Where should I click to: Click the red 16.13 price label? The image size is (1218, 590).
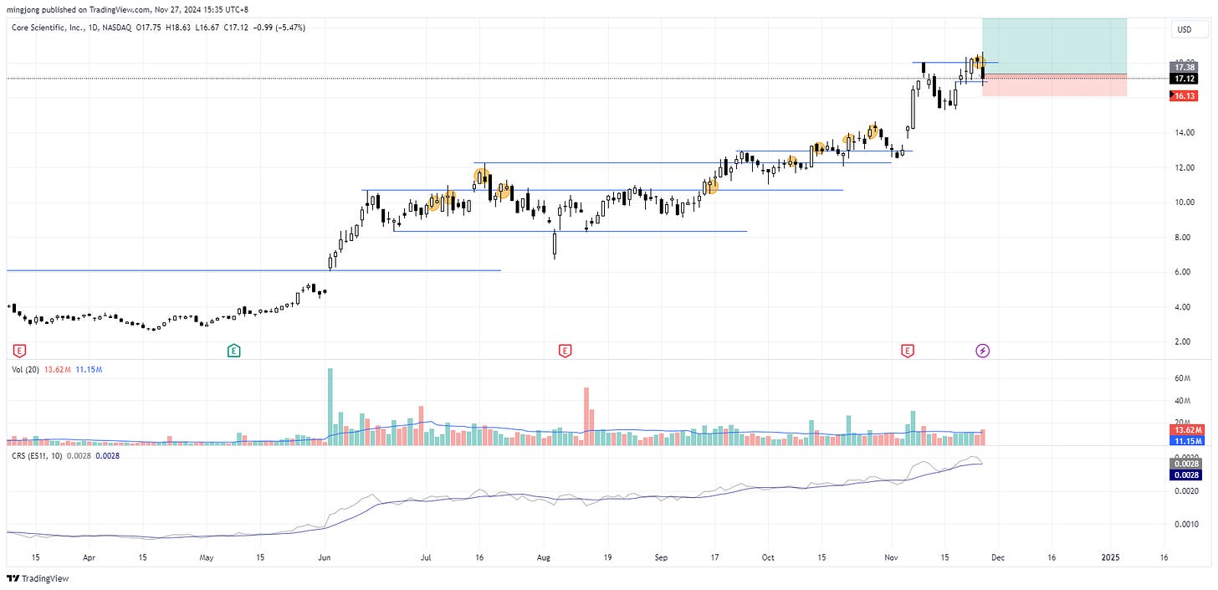[x=1185, y=96]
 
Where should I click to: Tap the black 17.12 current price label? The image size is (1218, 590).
[x=1185, y=78]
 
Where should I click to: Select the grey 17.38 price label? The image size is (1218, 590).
[x=1185, y=67]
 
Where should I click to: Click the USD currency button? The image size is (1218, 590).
[x=1184, y=29]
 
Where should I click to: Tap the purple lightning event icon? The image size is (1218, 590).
[x=983, y=351]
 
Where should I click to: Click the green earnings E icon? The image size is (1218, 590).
[x=233, y=351]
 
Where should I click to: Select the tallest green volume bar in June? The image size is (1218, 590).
[x=330, y=406]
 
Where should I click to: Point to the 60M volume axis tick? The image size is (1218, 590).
[x=1183, y=378]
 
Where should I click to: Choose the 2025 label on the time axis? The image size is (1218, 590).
[x=1110, y=557]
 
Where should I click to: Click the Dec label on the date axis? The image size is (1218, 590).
[x=1004, y=557]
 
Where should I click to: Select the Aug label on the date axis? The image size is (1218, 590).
[x=544, y=557]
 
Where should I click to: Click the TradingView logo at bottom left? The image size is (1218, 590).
[x=38, y=578]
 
